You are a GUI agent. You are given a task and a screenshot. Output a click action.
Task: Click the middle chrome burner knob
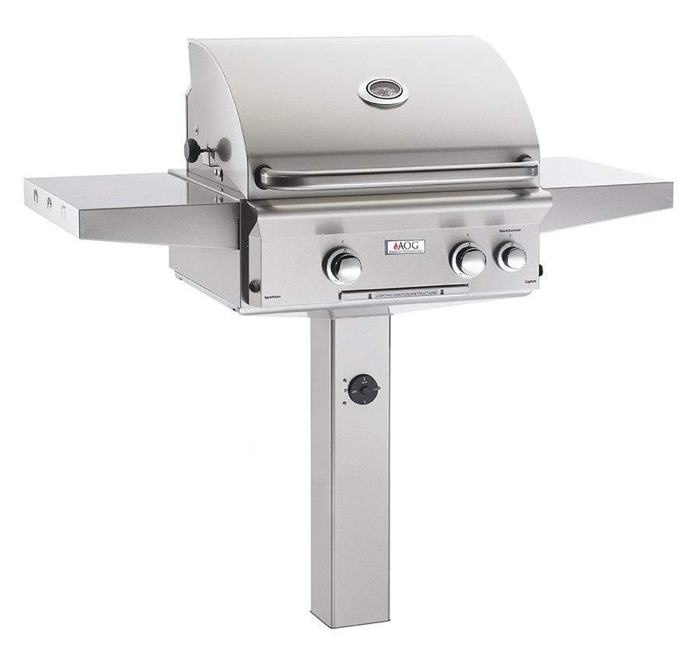[x=469, y=260]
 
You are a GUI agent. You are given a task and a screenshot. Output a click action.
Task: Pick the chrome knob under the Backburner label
[x=512, y=256]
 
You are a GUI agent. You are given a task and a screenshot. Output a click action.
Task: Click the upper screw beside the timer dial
[x=342, y=381]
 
